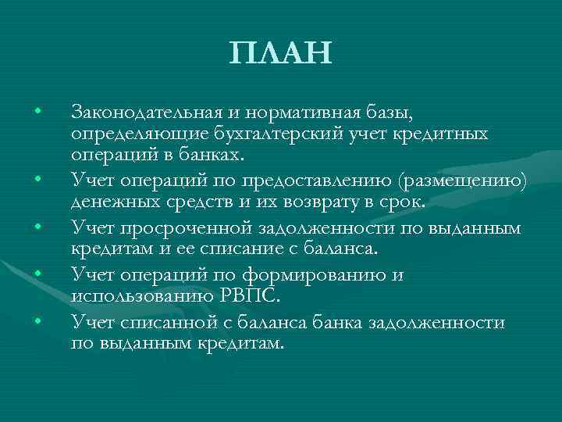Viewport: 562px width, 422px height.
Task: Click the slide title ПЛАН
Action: pos(280,52)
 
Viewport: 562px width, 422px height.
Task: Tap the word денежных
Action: pos(110,203)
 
